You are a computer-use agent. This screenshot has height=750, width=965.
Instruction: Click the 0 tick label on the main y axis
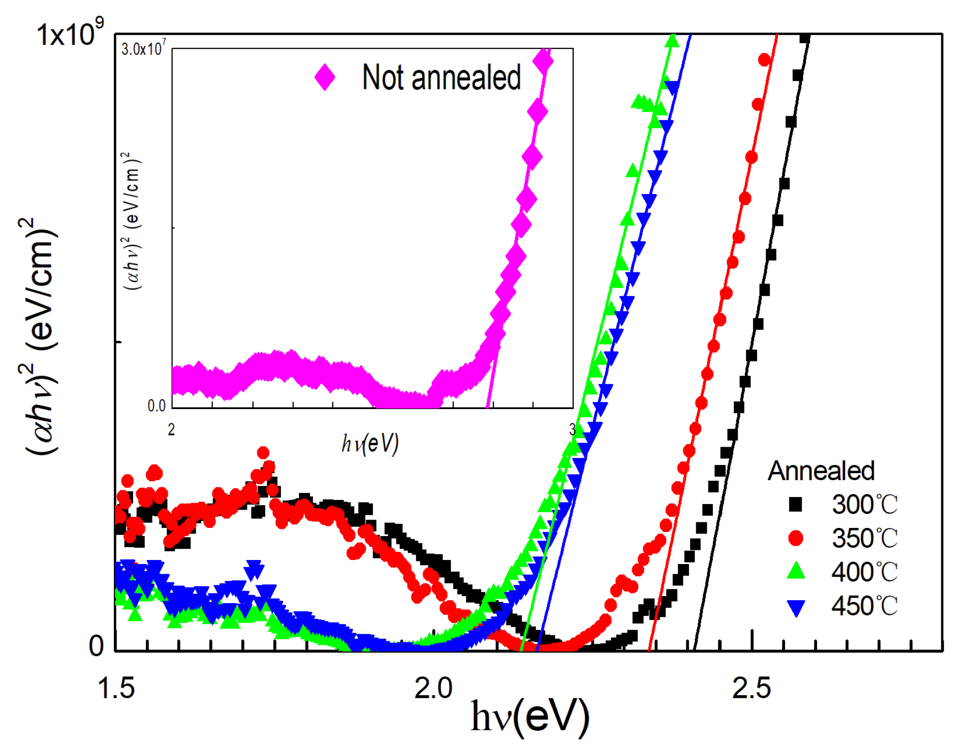[x=96, y=646]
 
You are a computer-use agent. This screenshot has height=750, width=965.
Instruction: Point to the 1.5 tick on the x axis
[x=116, y=688]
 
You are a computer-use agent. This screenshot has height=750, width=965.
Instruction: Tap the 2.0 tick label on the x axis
[x=433, y=688]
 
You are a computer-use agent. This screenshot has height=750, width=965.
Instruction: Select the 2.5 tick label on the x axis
[x=751, y=688]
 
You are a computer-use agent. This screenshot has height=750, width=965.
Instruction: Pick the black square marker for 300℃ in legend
[x=795, y=505]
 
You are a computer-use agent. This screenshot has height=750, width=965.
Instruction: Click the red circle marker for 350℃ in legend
[x=795, y=538]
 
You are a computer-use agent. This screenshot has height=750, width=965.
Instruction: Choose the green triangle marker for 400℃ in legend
[x=795, y=571]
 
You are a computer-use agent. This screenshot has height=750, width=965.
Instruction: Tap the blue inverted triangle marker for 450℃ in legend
[x=795, y=607]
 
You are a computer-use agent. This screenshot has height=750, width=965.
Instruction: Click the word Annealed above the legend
[x=821, y=471]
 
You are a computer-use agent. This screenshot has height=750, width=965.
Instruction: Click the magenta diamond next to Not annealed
[x=325, y=78]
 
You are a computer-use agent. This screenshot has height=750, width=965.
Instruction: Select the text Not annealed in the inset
[x=441, y=78]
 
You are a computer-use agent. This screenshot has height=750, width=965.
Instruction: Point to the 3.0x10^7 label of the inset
[x=143, y=49]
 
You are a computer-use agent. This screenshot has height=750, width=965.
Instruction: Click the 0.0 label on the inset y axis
[x=157, y=405]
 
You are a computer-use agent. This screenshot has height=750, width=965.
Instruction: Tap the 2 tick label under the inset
[x=171, y=430]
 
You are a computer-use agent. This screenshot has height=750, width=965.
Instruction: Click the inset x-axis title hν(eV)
[x=370, y=444]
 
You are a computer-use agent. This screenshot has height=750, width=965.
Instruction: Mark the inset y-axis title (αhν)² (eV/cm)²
[x=133, y=221]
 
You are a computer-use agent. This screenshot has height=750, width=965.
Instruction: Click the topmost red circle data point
[x=764, y=60]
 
